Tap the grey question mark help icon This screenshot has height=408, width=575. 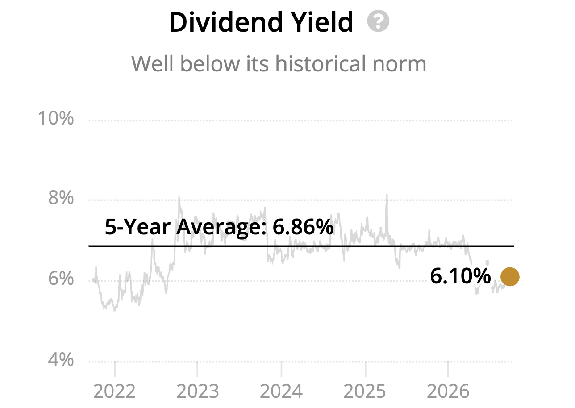coord(378,21)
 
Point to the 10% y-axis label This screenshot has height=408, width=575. coord(56,118)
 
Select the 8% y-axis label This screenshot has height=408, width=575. coord(61,198)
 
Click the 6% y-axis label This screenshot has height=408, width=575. coord(61,279)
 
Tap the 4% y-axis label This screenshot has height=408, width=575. coord(61,359)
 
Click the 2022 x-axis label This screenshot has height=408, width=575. coord(114,391)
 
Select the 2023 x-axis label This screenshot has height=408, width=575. coord(198,391)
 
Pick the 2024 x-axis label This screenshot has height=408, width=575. coord(281,391)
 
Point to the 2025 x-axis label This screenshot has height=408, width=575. coord(365,391)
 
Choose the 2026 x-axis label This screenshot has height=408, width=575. coord(448,391)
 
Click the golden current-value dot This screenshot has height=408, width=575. coord(510,277)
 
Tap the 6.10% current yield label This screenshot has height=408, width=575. coord(461,276)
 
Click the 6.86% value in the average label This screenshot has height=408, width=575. coord(303,227)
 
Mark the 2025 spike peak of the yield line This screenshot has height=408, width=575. coord(387,195)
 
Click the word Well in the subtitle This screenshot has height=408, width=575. coord(153,63)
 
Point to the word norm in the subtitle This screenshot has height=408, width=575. coord(400,66)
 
